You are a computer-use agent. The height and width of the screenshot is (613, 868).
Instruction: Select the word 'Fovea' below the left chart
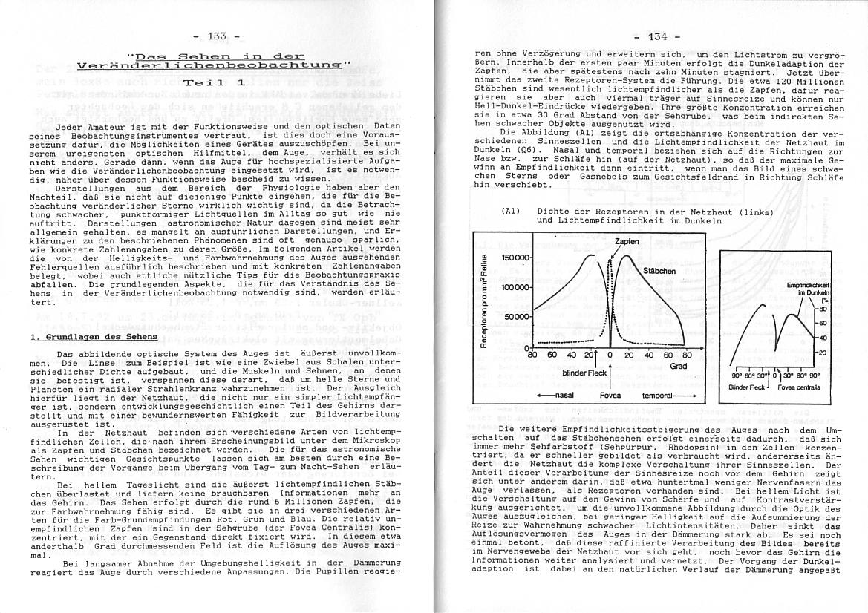tap(610, 396)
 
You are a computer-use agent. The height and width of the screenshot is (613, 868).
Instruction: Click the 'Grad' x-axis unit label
tap(678, 366)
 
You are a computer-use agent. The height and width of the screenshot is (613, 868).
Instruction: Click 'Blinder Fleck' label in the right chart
tap(746, 387)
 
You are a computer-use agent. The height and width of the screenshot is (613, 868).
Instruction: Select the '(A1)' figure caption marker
tap(510, 212)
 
